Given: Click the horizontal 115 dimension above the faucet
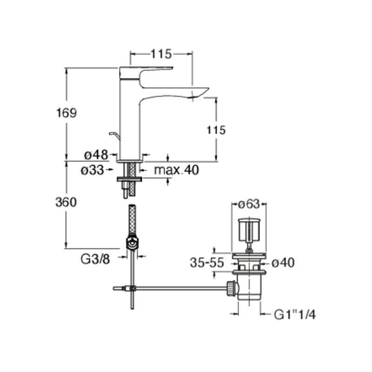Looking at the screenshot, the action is click(161, 54).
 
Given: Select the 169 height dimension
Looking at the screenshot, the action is click(66, 113).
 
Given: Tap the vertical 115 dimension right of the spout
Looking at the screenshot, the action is click(216, 130).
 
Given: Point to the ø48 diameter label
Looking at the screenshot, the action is click(96, 155).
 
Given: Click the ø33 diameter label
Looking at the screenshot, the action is click(92, 170).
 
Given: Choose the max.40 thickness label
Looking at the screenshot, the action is click(177, 170).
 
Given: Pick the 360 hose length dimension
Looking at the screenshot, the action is click(66, 203).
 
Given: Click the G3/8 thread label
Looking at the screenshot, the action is click(95, 259).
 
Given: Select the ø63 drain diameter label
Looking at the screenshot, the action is click(249, 204).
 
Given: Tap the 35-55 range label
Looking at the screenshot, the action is click(207, 263).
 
